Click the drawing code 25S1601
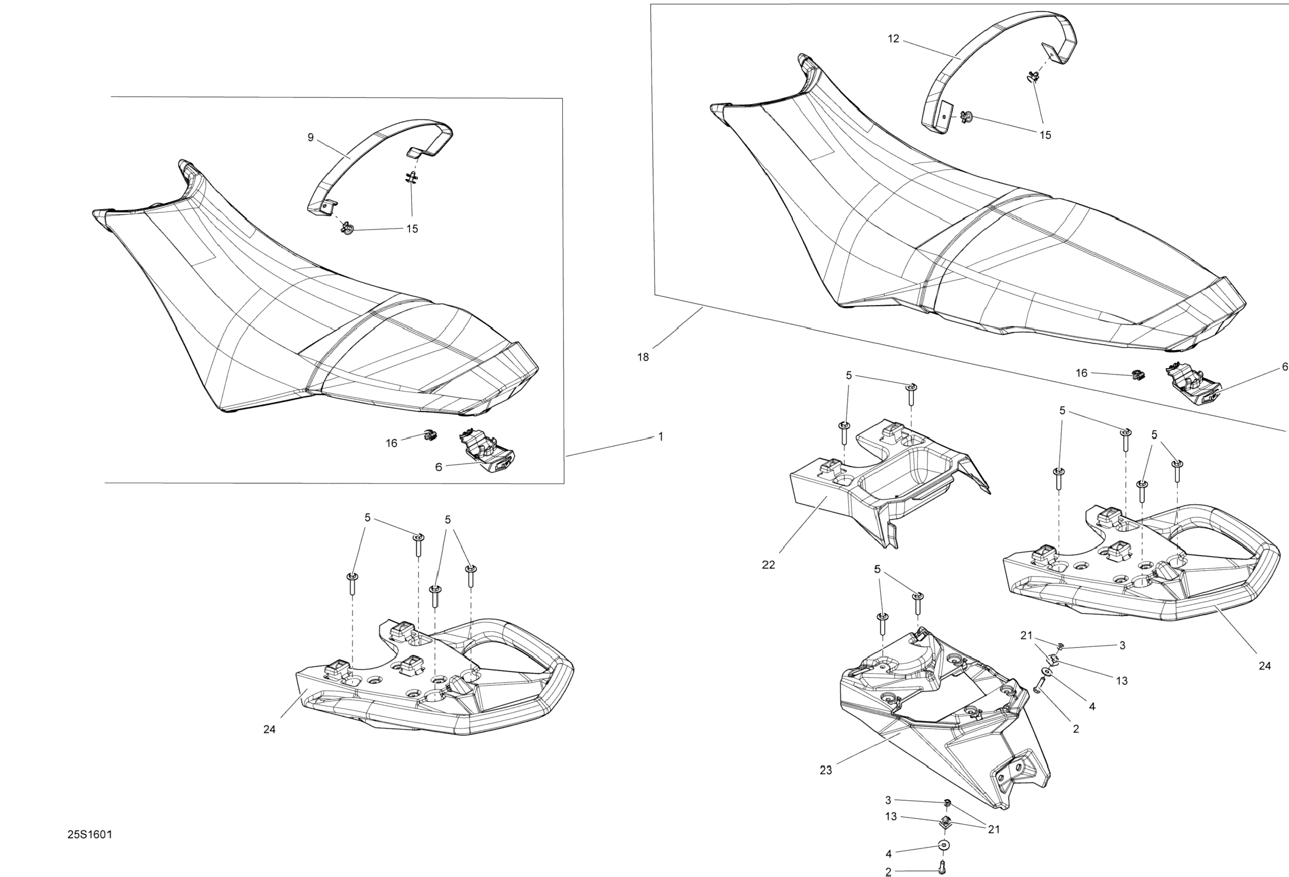[x=90, y=834]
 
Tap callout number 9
[x=311, y=138]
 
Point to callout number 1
[x=661, y=437]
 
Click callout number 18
[x=643, y=357]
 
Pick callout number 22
[x=768, y=565]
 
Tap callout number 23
[x=826, y=770]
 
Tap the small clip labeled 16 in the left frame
[x=429, y=436]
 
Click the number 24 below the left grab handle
[x=269, y=730]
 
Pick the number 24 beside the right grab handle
[x=1265, y=666]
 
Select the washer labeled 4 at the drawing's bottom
[x=943, y=846]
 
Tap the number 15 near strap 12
[x=1045, y=135]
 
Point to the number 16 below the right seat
[x=1081, y=373]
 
